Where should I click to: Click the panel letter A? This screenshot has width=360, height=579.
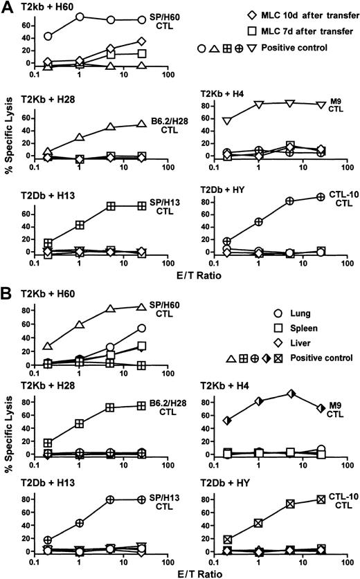tap(8, 7)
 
